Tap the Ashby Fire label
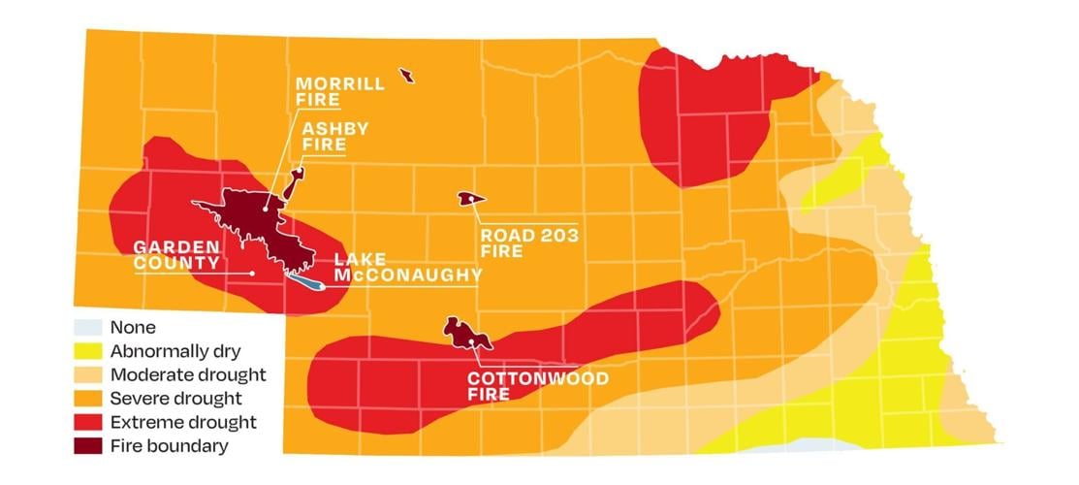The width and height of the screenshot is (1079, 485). [323, 136]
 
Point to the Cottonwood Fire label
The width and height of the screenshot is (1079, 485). [537, 386]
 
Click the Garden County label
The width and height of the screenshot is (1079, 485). [175, 255]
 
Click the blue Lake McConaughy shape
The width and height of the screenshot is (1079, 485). [304, 281]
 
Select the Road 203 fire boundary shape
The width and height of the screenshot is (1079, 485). [469, 199]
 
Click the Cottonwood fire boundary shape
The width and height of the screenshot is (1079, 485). [461, 333]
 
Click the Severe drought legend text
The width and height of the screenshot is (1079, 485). [175, 399]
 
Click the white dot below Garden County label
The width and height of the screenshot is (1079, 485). [252, 274]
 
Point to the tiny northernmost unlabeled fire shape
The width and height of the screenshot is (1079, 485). [406, 76]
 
